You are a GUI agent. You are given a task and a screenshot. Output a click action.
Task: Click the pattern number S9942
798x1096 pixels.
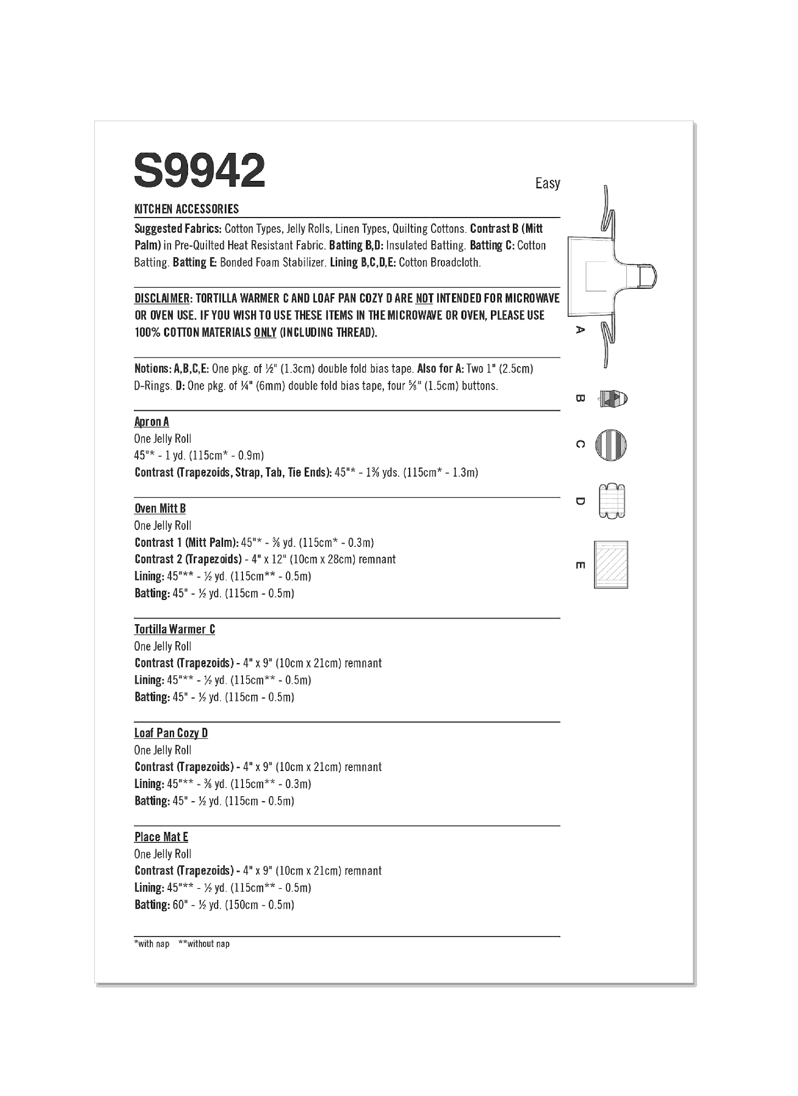pos(200,171)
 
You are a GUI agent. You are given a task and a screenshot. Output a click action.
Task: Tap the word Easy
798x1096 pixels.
pos(547,183)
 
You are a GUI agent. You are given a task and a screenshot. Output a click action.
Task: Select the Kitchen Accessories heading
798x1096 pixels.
pos(186,209)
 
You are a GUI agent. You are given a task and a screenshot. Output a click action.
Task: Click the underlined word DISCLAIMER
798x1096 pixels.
pos(162,299)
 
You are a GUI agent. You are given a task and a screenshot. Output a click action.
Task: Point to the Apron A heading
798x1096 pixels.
pos(151,421)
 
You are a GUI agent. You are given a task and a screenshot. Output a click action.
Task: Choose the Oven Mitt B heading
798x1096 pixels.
pos(160,509)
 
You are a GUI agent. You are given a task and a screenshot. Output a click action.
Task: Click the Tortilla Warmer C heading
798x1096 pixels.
pos(174,629)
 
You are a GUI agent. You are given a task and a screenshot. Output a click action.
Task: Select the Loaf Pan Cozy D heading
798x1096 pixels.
pos(171,733)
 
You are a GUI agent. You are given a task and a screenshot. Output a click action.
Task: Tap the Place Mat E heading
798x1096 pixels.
pos(161,837)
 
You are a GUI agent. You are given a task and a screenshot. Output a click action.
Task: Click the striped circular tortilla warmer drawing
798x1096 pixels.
pos(610,444)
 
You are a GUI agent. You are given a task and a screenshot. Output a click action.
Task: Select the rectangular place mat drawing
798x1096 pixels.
pos(611,565)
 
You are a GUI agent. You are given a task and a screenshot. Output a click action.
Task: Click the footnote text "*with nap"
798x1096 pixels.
pos(152,944)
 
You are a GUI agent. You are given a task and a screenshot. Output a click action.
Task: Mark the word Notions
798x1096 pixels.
pos(152,369)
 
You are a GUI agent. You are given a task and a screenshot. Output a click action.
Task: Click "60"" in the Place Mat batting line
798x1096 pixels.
pos(179,905)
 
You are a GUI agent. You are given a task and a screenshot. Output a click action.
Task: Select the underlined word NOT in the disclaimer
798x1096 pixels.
pos(424,299)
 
